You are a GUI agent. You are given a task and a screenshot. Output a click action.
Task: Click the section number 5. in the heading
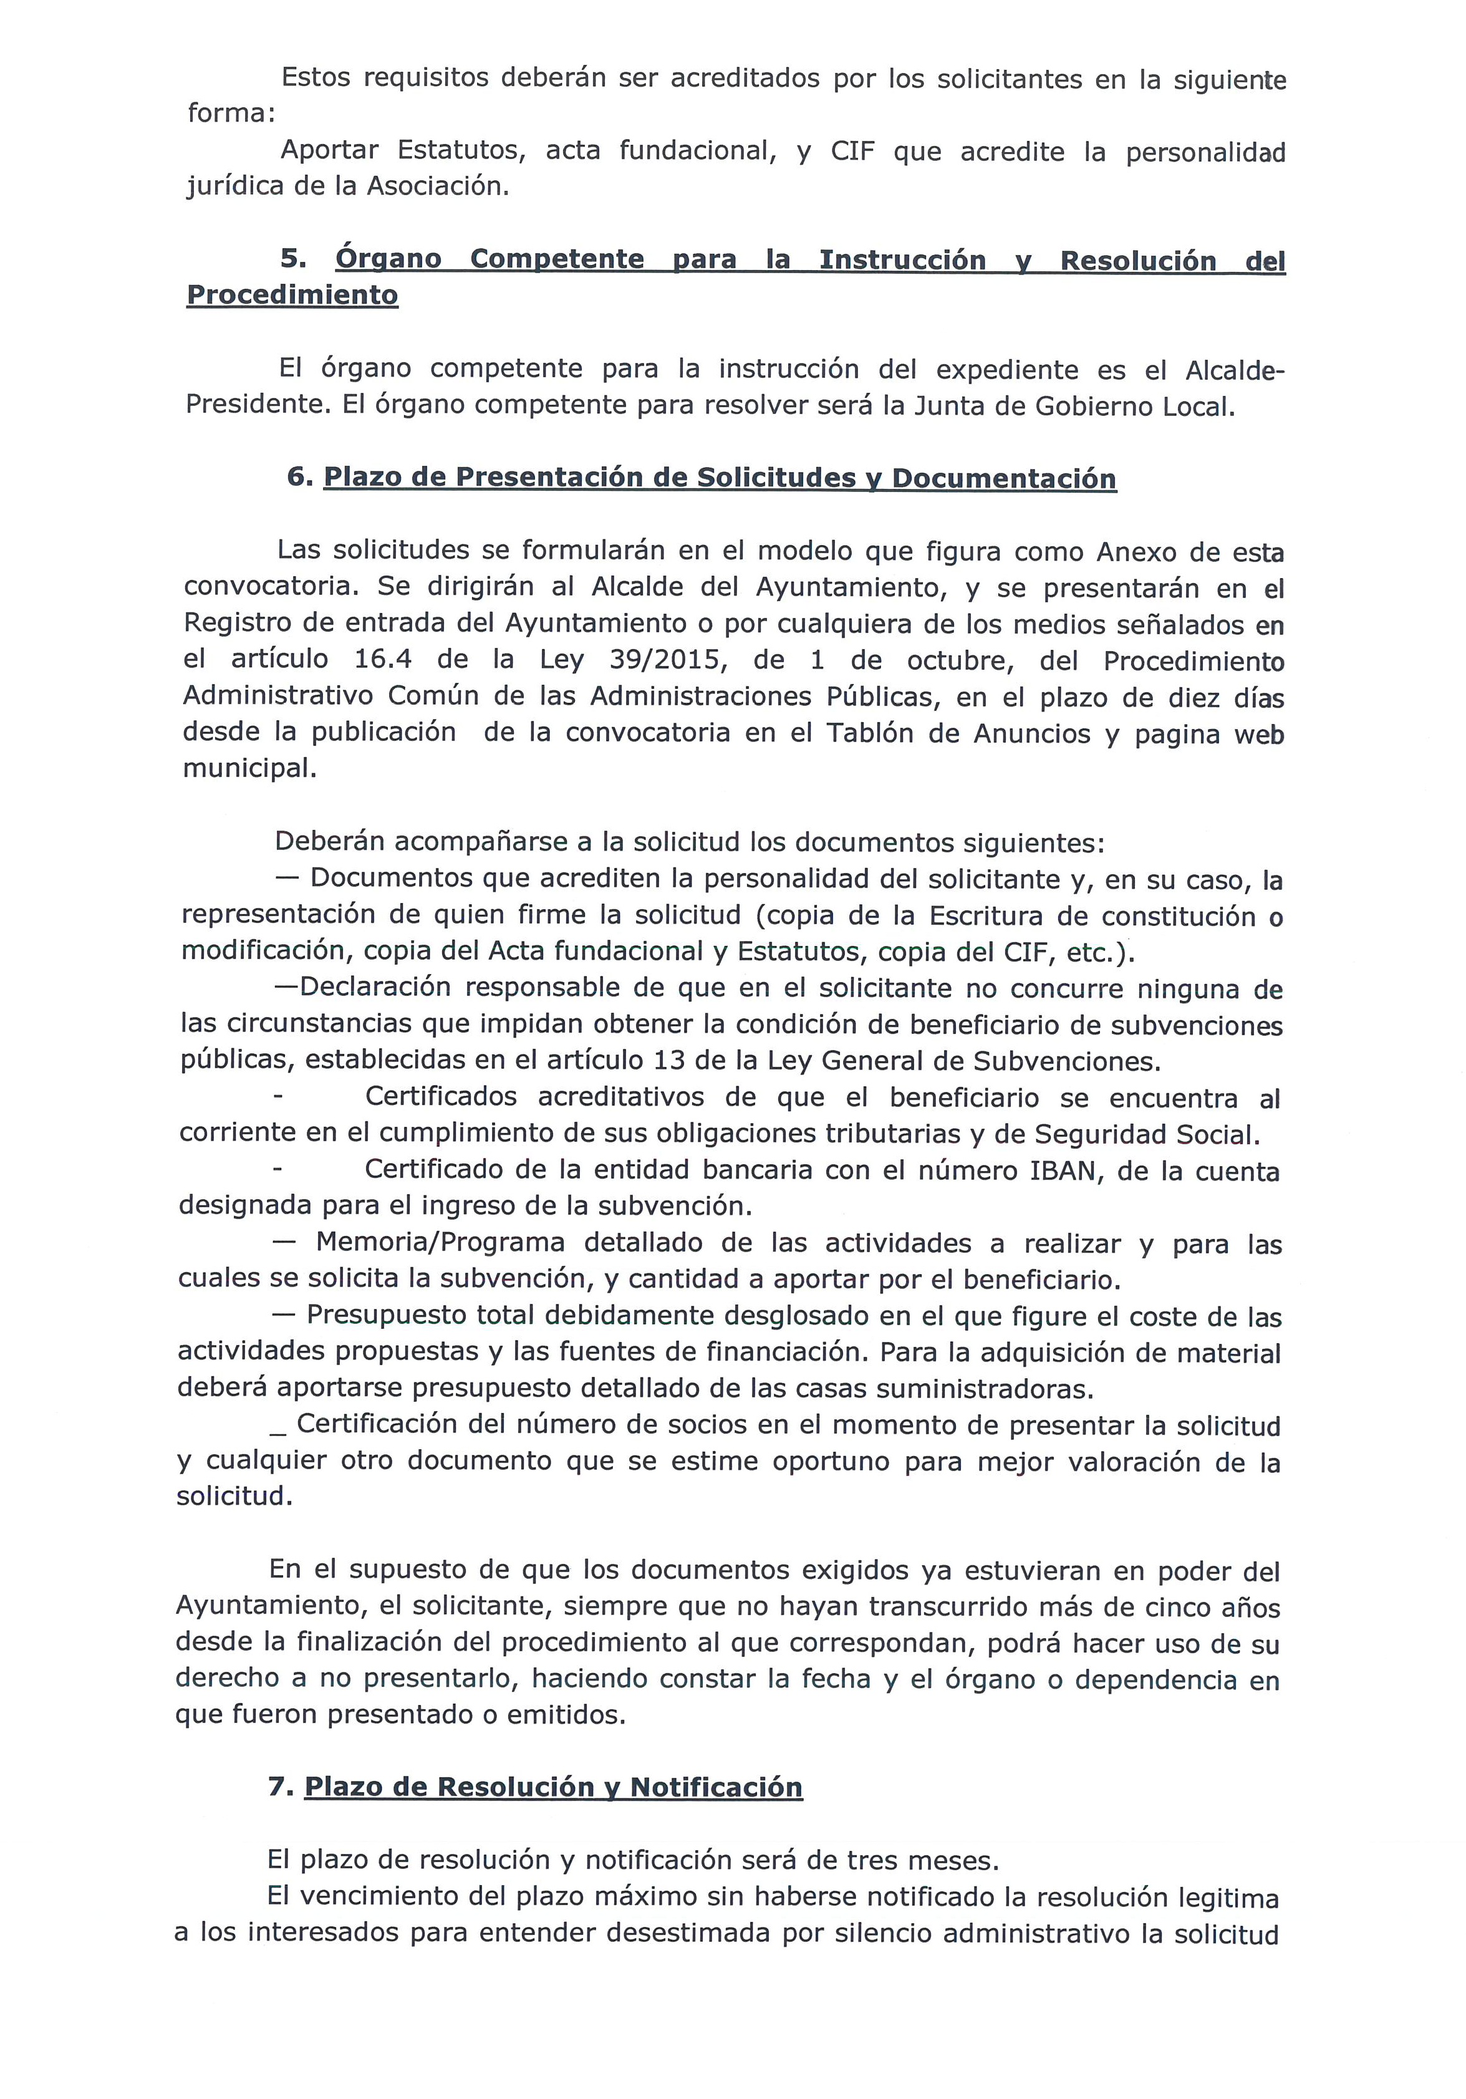point(294,259)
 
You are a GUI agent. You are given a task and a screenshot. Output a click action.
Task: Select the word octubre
point(960,660)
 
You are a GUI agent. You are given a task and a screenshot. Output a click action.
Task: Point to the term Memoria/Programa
point(440,1243)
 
